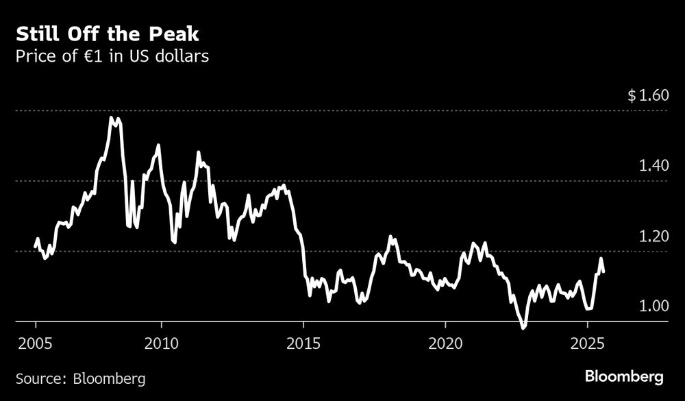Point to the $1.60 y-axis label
(x=647, y=95)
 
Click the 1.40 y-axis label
(x=652, y=166)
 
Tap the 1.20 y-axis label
(x=652, y=236)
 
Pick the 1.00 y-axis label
(x=652, y=306)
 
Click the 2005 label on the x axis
(x=36, y=343)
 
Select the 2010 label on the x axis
(x=161, y=343)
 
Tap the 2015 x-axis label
(x=303, y=343)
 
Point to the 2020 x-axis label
(x=445, y=343)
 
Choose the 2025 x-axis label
(x=586, y=343)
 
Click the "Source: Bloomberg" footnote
(x=80, y=378)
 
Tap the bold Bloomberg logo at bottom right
(x=624, y=377)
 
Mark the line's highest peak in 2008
(x=112, y=118)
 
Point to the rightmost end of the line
(x=603, y=271)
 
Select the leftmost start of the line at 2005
(x=36, y=247)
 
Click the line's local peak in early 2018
(x=391, y=237)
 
